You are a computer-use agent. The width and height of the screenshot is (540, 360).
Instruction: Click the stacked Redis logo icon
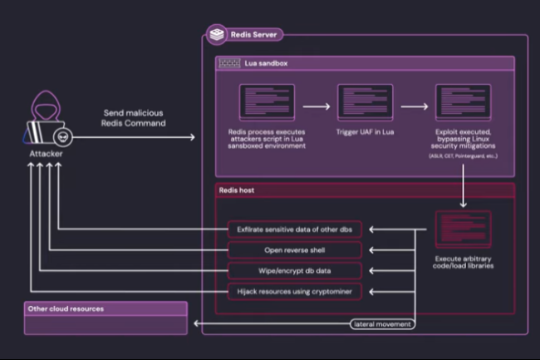[218, 35]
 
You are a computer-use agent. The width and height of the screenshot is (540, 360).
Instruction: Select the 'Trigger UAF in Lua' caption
[359, 132]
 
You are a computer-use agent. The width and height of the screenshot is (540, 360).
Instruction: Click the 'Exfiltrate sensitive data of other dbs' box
[294, 229]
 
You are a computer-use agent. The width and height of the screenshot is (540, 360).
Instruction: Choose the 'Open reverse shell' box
[294, 249]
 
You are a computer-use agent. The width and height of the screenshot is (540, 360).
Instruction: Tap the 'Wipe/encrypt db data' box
[294, 271]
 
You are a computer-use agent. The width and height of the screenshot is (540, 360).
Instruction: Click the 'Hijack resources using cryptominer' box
[294, 292]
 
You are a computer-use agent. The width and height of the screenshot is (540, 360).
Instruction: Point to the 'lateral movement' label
[382, 323]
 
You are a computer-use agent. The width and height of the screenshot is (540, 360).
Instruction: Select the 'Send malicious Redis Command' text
[135, 117]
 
